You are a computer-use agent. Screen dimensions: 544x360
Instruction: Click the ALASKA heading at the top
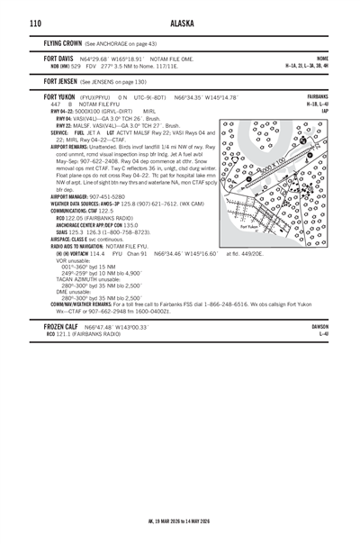pyautogui.click(x=180, y=23)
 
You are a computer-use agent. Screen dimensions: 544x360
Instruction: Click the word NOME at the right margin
pyautogui.click(x=322, y=58)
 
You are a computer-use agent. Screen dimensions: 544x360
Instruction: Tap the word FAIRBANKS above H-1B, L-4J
pyautogui.click(x=317, y=96)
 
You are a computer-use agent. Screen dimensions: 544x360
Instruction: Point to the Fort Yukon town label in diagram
pyautogui.click(x=250, y=227)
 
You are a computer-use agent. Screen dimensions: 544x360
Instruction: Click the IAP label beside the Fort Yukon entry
pyautogui.click(x=325, y=111)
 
